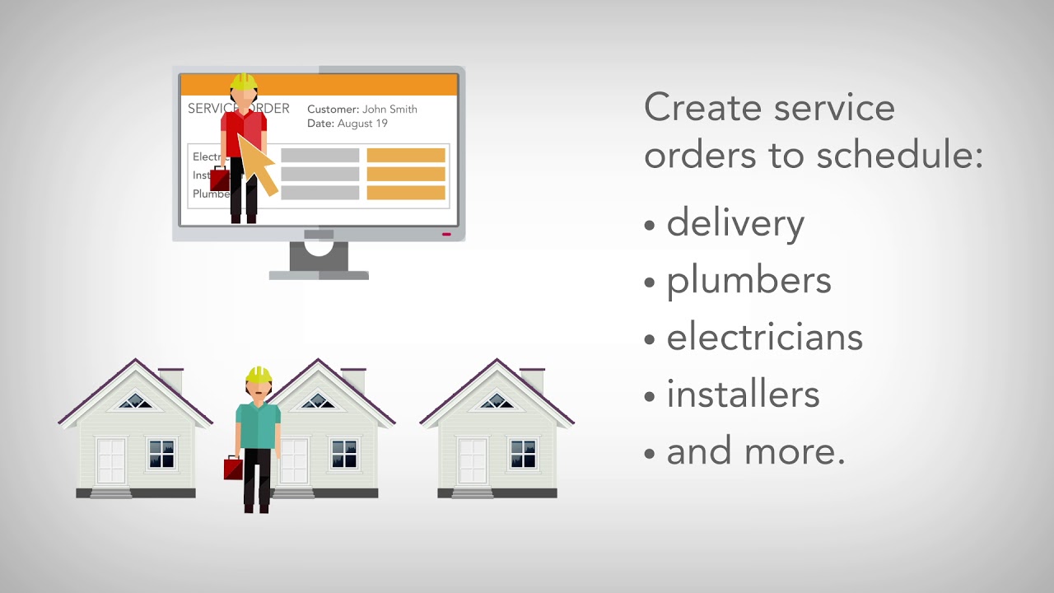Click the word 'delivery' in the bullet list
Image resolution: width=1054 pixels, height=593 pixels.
click(x=735, y=224)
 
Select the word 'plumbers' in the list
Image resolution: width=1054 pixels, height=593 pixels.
click(x=749, y=281)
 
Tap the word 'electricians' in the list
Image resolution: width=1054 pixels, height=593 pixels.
click(x=764, y=338)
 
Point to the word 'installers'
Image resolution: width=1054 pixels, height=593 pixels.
click(x=743, y=395)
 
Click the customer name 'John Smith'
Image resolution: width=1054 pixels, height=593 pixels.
click(x=389, y=109)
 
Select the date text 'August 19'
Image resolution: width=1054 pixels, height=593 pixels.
click(x=362, y=124)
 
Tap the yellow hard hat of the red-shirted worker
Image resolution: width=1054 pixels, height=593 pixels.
click(x=244, y=82)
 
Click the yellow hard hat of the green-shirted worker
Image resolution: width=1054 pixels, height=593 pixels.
click(x=259, y=375)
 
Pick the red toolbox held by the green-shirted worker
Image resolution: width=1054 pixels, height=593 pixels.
click(x=233, y=469)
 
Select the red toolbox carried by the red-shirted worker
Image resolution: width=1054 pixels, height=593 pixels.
click(x=220, y=179)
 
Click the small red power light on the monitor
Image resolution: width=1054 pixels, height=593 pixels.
click(x=446, y=234)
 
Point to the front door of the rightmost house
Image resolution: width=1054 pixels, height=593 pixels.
click(x=472, y=461)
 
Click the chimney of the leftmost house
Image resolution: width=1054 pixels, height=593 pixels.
click(x=171, y=379)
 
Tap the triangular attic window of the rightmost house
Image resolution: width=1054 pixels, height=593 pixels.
click(x=497, y=401)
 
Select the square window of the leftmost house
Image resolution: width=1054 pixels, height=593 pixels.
click(x=161, y=454)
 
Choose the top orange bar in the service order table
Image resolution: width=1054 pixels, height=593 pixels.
click(x=406, y=155)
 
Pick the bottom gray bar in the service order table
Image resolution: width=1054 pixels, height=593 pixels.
click(x=320, y=193)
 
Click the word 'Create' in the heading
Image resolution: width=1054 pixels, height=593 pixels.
click(x=693, y=109)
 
